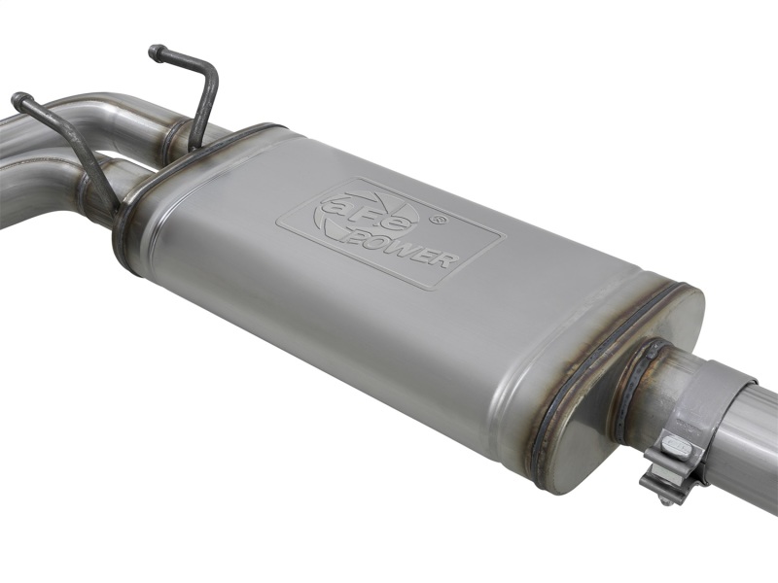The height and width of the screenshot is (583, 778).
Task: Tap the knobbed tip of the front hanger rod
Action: tap(19, 98)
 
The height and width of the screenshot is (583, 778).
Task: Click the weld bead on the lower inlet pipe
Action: tap(97, 194)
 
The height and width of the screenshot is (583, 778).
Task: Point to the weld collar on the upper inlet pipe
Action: tap(176, 136)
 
